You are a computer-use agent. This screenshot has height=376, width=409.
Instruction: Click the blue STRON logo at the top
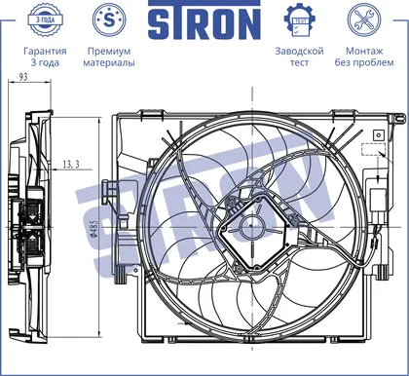(204, 20)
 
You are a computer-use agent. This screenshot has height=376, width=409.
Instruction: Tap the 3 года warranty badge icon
(45, 19)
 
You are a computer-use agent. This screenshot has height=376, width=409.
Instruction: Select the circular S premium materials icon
(109, 19)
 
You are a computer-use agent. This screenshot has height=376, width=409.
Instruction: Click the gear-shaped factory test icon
(300, 19)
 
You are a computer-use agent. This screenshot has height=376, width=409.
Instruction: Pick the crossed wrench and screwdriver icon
(364, 19)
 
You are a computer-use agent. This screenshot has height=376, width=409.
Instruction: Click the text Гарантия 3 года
(45, 56)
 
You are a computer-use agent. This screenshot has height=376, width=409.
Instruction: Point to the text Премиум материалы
(109, 56)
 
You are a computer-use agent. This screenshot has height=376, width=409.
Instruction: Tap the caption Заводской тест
(299, 56)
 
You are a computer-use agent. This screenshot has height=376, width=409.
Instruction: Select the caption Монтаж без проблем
(364, 56)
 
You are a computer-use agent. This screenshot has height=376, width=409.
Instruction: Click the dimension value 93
(23, 77)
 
